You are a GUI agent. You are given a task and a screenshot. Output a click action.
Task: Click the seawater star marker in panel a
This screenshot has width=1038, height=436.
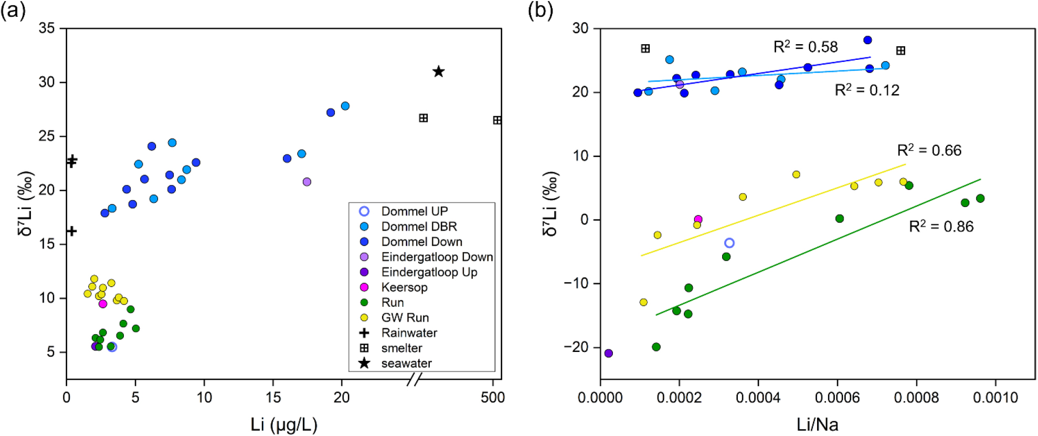click(x=439, y=71)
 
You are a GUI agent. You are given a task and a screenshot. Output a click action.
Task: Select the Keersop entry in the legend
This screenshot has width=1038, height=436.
click(x=404, y=287)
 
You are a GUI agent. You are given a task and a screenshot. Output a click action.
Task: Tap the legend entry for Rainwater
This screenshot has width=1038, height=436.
click(x=409, y=333)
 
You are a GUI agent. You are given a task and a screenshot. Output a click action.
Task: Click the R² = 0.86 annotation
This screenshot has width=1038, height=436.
click(x=941, y=226)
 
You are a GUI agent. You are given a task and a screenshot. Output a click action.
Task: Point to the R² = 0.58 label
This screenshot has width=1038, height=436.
click(x=806, y=47)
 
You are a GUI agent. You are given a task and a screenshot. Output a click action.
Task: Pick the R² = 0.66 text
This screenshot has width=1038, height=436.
click(x=929, y=150)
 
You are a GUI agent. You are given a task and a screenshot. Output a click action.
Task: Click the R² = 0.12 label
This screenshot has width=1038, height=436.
click(x=867, y=90)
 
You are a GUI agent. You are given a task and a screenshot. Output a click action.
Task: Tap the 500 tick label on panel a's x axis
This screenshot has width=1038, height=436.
click(x=493, y=398)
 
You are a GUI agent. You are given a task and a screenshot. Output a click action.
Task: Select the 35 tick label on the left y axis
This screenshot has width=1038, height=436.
click(x=47, y=28)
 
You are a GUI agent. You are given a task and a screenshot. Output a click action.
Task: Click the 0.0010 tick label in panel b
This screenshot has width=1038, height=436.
click(x=995, y=398)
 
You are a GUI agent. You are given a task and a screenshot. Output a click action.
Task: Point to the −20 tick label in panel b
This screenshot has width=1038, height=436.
click(x=576, y=347)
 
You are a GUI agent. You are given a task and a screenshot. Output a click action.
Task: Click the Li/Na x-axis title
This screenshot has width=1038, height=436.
click(x=817, y=424)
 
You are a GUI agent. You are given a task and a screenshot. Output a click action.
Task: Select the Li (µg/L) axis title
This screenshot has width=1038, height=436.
click(x=283, y=424)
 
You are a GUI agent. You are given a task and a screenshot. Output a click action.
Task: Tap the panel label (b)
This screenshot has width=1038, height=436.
click(x=540, y=11)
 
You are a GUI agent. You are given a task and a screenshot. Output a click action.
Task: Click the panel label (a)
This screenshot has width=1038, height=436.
click(x=13, y=11)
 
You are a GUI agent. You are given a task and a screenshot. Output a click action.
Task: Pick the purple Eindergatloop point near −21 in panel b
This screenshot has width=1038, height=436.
click(x=609, y=353)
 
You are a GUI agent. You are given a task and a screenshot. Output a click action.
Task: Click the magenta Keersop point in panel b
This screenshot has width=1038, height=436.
click(x=698, y=220)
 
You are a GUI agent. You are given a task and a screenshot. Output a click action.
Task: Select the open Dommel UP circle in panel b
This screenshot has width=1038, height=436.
click(x=729, y=243)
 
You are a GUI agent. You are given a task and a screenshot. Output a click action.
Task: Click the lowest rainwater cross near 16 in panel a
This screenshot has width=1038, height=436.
click(x=72, y=231)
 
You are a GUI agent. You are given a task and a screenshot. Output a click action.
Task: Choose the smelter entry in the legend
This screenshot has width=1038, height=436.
click(x=401, y=348)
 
